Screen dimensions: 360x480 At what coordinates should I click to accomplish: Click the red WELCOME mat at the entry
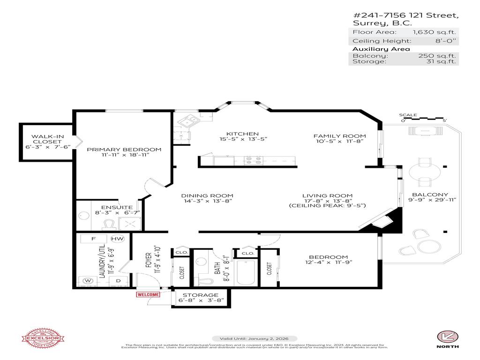[x=148, y=294]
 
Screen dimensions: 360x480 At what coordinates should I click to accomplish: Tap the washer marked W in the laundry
[x=87, y=281]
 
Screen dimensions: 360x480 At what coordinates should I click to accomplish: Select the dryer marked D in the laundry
[x=118, y=281]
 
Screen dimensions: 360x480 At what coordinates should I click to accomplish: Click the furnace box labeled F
[x=94, y=239]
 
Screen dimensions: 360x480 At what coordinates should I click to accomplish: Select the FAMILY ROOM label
[x=339, y=136]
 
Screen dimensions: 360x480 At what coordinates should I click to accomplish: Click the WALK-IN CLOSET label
[x=47, y=139]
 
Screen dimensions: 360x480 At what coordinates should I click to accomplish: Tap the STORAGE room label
[x=201, y=295]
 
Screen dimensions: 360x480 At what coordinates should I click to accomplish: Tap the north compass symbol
[x=447, y=336]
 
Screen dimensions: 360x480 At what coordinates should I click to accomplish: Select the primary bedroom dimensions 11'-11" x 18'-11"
[x=124, y=156]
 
